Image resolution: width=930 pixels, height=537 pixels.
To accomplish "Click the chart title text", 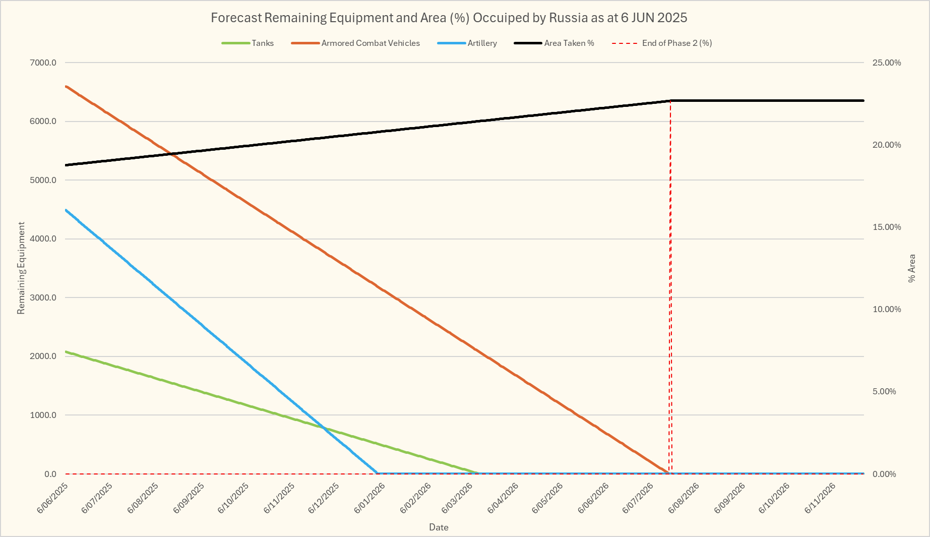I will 449,18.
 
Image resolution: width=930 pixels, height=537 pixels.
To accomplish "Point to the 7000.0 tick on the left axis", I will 43,63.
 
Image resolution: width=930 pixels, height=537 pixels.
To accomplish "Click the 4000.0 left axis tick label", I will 43,239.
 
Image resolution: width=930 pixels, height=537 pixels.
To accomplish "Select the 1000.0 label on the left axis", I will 43,415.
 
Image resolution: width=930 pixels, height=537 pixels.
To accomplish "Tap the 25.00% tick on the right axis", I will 887,63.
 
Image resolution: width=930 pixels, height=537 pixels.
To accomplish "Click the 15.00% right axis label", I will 887,227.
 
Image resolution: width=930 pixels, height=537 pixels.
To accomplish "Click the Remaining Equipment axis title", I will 21,268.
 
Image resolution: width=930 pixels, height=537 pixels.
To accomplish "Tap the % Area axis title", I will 911,268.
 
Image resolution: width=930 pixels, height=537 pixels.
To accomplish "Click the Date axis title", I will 439,527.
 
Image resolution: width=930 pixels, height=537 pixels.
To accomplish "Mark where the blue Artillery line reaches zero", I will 378,473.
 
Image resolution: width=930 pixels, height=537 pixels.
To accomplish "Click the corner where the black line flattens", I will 670,101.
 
